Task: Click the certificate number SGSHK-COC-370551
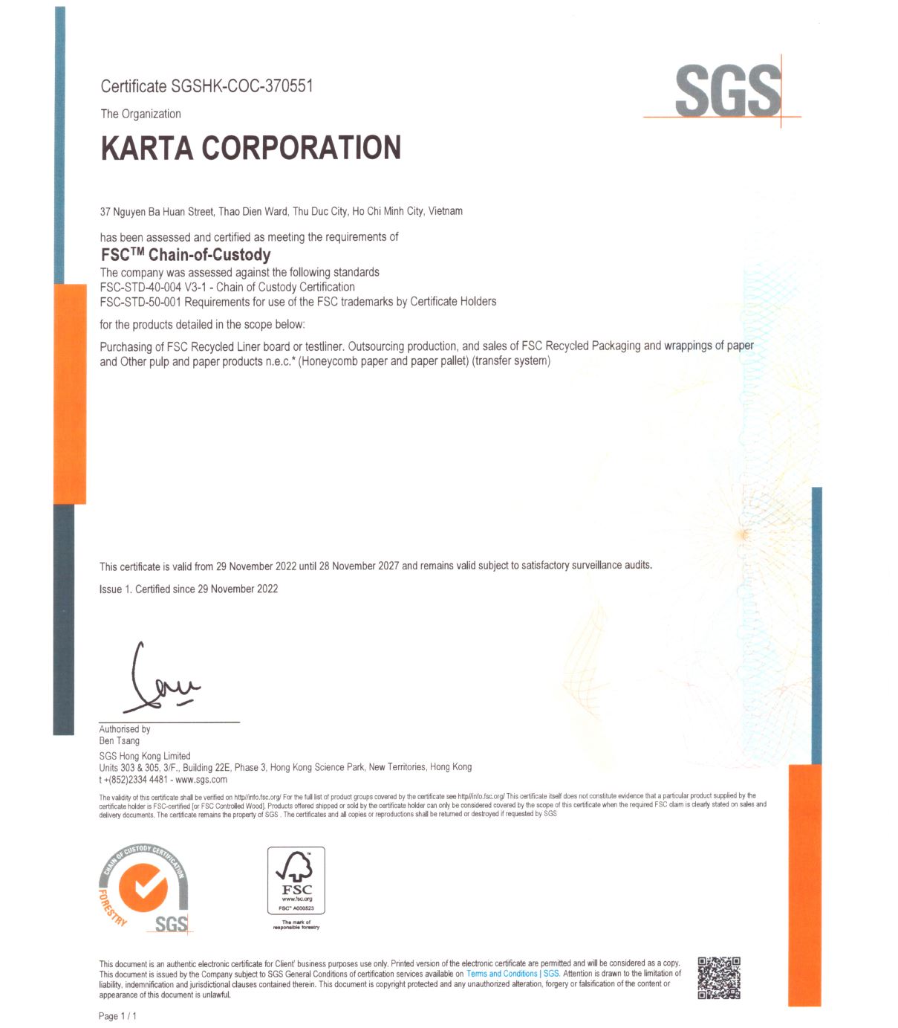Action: [x=241, y=86]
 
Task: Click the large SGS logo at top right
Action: [x=727, y=91]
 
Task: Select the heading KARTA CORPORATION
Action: [x=251, y=148]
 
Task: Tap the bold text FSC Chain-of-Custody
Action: [x=186, y=255]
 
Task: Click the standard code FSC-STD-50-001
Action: [x=140, y=302]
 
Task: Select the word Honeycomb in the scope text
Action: [x=329, y=362]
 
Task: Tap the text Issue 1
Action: [x=114, y=589]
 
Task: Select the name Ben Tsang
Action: [x=120, y=740]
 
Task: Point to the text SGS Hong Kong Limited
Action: [x=145, y=756]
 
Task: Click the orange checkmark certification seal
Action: [x=144, y=889]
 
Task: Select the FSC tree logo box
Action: [x=296, y=881]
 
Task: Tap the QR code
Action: [x=719, y=978]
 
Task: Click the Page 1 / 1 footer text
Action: [x=117, y=1016]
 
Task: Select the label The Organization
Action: [x=141, y=114]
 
